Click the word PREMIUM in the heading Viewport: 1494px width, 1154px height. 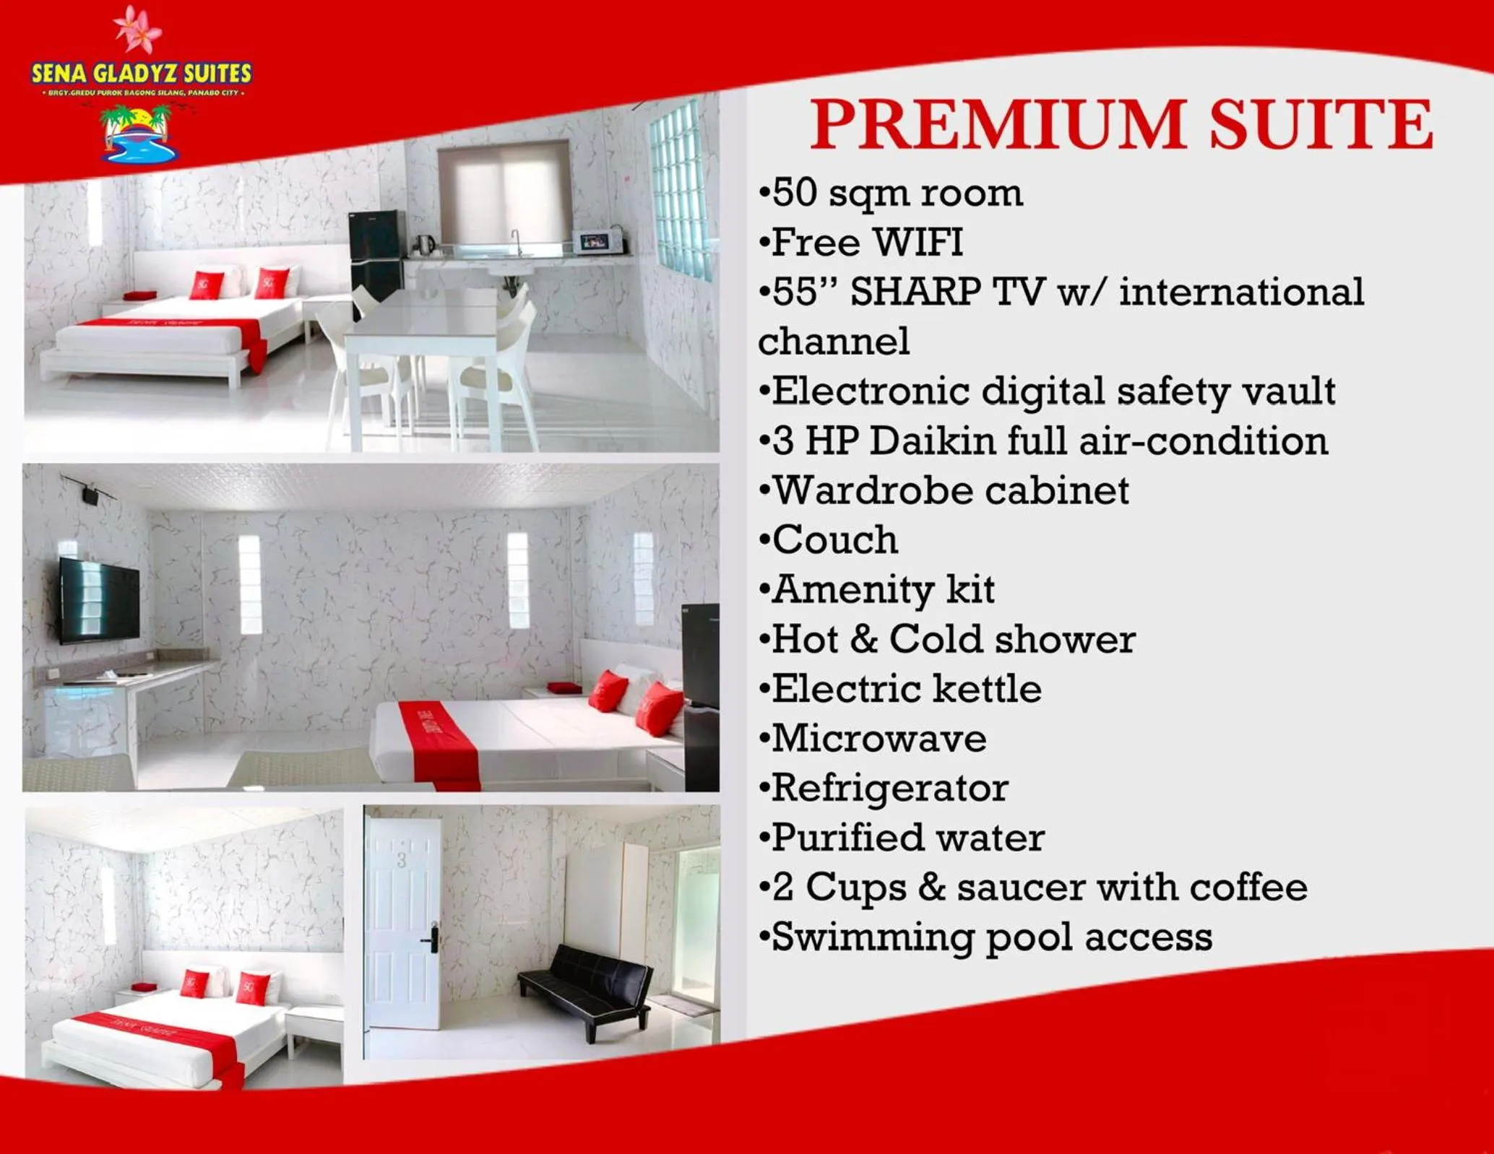[997, 126]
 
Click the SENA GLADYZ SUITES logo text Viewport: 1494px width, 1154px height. [142, 73]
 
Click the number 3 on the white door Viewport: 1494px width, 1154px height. [402, 860]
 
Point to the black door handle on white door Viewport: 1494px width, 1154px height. [432, 939]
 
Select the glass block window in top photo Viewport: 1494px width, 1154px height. [679, 191]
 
